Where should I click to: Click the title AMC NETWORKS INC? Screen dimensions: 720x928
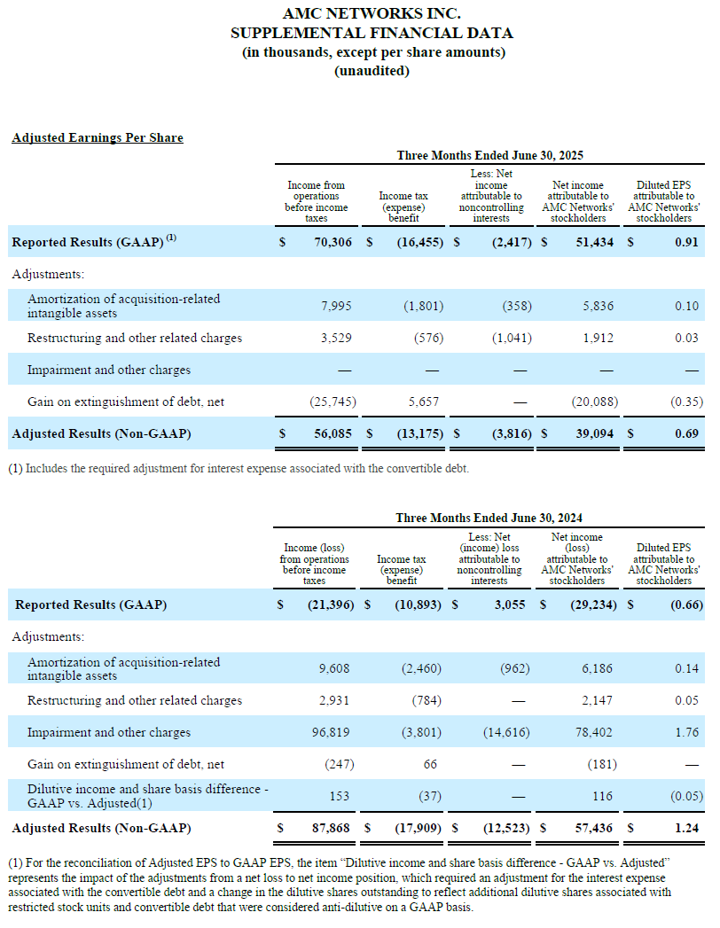coord(372,13)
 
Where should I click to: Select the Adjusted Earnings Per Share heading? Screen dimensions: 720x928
coord(98,137)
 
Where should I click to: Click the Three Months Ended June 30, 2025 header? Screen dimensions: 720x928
coord(489,155)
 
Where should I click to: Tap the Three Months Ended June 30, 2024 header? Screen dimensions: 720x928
coord(489,518)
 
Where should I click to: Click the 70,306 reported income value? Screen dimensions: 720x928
coord(333,242)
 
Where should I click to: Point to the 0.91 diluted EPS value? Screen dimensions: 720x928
coord(686,242)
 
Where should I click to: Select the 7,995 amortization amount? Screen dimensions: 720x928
coord(336,306)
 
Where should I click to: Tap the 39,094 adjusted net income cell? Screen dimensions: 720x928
coord(594,433)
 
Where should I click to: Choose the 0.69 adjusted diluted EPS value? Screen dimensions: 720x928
coord(686,433)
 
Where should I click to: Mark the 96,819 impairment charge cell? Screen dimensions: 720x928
coord(331,732)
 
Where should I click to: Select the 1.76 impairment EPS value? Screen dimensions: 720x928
coord(686,732)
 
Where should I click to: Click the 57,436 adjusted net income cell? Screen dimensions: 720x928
coord(594,828)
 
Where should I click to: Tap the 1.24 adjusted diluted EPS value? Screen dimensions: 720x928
coord(686,828)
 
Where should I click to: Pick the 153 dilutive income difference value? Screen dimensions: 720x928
coord(340,796)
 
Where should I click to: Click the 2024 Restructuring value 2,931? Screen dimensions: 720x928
coord(334,700)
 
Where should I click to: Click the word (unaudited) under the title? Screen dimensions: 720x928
coord(372,70)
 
